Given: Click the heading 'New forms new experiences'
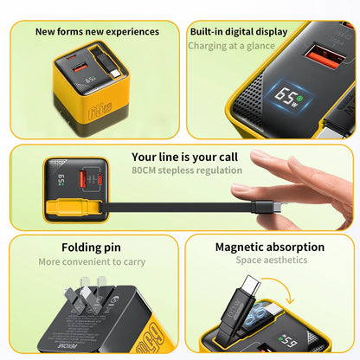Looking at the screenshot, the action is [x=97, y=31].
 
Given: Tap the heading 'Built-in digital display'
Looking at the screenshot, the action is [x=239, y=32].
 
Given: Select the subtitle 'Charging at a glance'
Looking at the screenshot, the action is [x=231, y=46].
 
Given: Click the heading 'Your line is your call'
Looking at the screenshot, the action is [x=184, y=157].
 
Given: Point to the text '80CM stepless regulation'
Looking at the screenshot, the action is [x=187, y=170].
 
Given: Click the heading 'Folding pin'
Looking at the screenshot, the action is [x=91, y=247].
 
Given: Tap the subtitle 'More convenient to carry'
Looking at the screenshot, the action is [x=92, y=262].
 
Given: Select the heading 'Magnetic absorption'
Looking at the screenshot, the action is [x=270, y=247].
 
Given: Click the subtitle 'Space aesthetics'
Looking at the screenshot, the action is [x=272, y=260].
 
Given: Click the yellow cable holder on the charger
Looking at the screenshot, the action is [x=74, y=208].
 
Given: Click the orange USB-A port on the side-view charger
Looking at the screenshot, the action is [x=83, y=180].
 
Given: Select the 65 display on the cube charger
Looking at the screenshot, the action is [x=90, y=80].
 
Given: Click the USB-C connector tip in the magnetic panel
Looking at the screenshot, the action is [x=250, y=283].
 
